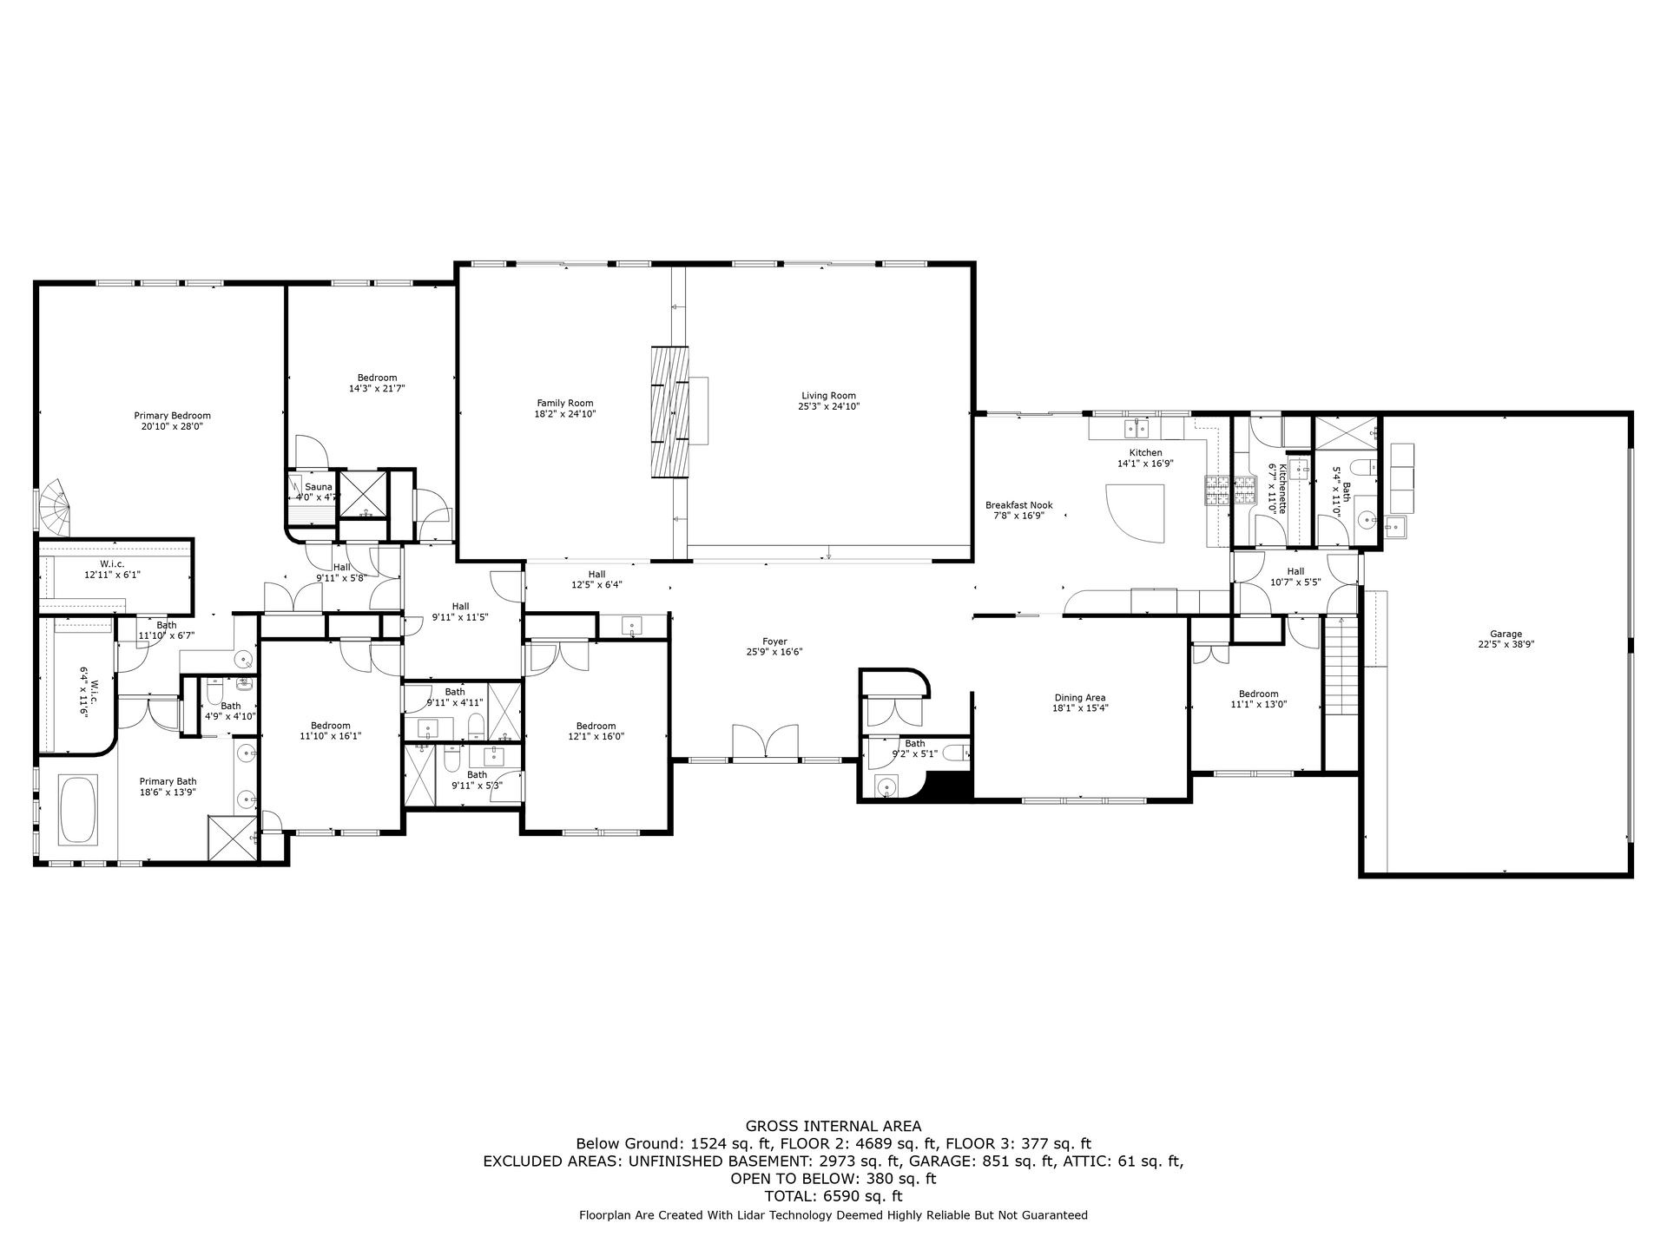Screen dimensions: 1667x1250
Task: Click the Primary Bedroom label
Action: tap(172, 416)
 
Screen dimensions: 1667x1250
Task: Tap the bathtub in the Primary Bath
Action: tap(78, 810)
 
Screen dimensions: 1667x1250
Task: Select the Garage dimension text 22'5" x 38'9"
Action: tap(1506, 645)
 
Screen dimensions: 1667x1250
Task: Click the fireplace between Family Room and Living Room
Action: tap(670, 411)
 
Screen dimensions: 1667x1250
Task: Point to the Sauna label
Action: tap(319, 487)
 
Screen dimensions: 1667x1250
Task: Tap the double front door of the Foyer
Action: tap(765, 743)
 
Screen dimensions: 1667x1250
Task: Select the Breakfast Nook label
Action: tap(1018, 505)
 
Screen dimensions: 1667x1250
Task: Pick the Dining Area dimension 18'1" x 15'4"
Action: tap(1080, 708)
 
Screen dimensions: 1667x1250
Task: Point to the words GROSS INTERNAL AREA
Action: tap(833, 1127)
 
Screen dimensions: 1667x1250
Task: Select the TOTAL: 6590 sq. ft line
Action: tap(833, 1196)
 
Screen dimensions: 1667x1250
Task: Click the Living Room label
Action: tap(829, 396)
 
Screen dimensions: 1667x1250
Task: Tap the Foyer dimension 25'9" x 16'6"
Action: tap(774, 652)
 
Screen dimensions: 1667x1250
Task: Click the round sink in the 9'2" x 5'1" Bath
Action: tap(886, 787)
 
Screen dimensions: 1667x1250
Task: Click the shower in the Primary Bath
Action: tap(232, 839)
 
